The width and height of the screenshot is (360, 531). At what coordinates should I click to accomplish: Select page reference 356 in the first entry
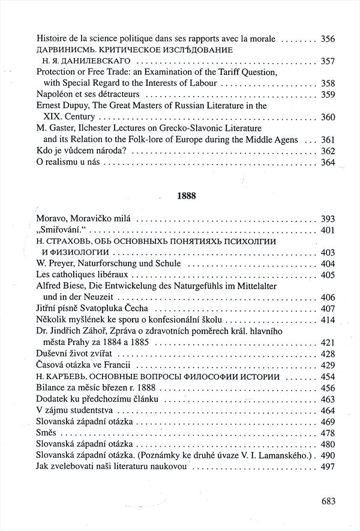click(328, 39)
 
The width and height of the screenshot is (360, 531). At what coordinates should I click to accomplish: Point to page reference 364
click(328, 162)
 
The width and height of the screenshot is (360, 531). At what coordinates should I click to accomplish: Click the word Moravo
click(53, 220)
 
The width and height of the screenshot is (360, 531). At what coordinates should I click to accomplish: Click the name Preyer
click(65, 263)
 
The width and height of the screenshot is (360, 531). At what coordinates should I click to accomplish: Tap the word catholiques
click(74, 275)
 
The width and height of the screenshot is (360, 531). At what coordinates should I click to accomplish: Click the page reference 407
click(328, 308)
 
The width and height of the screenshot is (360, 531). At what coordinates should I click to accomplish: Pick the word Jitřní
click(48, 308)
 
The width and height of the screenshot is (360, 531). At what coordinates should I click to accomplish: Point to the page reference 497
click(328, 466)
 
